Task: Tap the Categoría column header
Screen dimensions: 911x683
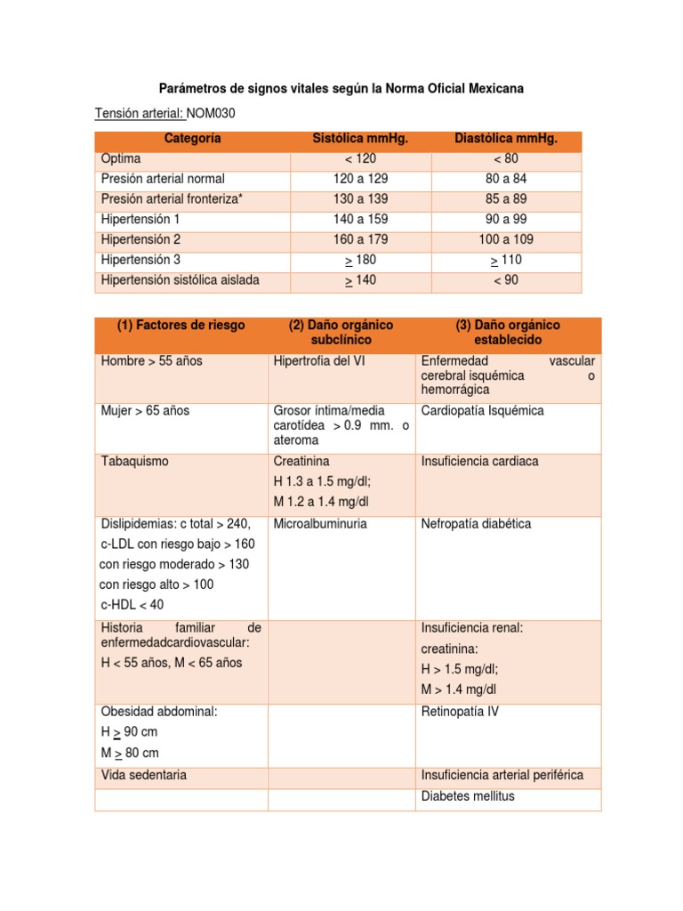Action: (192, 139)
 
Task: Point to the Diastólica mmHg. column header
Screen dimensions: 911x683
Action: (505, 139)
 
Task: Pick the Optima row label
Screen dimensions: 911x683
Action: (121, 158)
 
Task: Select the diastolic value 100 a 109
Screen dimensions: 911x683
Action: (506, 239)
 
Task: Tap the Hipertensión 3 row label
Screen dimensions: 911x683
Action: (141, 260)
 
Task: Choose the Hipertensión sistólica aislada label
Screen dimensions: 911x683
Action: (181, 280)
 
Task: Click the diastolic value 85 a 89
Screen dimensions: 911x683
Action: (506, 198)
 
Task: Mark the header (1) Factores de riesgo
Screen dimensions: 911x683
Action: (181, 325)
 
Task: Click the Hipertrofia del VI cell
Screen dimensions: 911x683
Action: (319, 361)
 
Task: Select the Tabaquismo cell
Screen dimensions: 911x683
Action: (135, 462)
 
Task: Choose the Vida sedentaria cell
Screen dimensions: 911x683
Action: (144, 775)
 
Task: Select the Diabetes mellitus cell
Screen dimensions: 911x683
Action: (468, 796)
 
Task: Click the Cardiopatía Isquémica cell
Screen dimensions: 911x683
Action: (483, 411)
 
